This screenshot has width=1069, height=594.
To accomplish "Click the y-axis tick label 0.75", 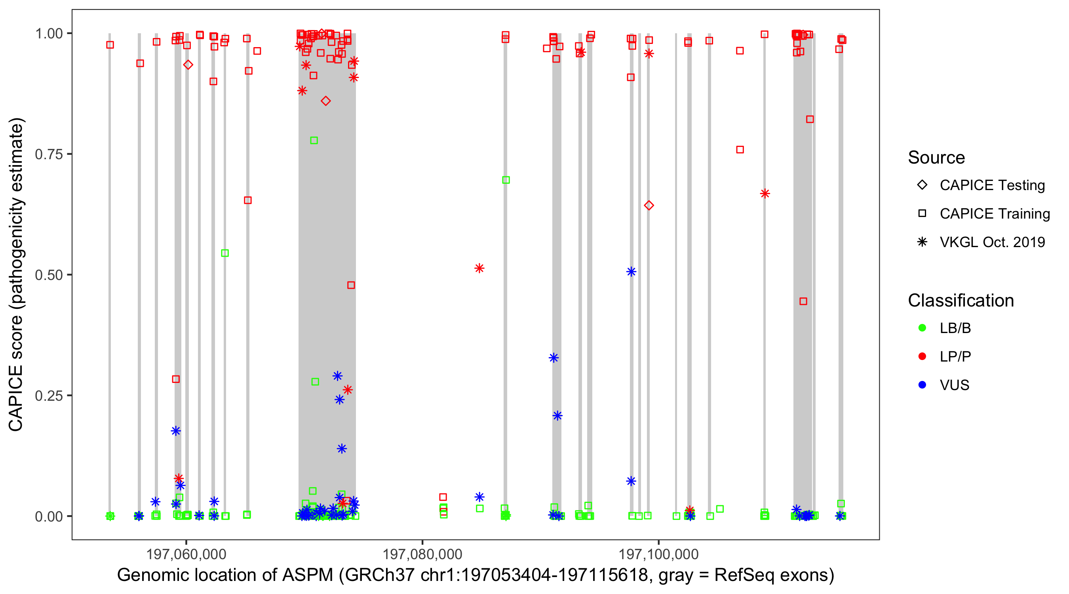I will (x=48, y=154).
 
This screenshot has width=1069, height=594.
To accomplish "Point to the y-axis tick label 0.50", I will (x=48, y=275).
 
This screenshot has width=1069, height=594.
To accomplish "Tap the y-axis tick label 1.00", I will (x=48, y=34).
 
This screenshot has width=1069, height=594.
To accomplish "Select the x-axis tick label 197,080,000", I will (x=422, y=554).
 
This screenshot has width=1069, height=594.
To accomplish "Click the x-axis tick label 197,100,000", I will (x=658, y=554).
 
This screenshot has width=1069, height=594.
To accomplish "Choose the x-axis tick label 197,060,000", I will (x=186, y=554).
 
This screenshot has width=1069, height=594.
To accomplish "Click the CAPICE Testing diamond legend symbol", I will (x=922, y=185).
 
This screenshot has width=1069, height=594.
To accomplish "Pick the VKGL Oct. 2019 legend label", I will (x=992, y=242).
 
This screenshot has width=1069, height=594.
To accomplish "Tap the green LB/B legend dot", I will (x=922, y=328).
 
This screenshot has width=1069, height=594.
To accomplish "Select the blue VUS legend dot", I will (x=922, y=385).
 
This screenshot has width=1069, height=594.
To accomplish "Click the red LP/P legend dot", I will (x=922, y=356).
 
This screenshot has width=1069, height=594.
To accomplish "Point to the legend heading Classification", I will (x=961, y=301).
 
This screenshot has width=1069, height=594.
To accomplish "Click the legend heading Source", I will (x=936, y=158).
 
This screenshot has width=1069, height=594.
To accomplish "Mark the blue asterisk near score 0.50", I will (x=631, y=272).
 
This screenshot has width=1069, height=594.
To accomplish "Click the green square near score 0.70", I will (x=506, y=180).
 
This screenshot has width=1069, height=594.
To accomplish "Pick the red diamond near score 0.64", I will (x=649, y=206).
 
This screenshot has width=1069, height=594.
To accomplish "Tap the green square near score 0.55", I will (x=225, y=253).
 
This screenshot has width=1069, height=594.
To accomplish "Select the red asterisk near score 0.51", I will (x=479, y=268).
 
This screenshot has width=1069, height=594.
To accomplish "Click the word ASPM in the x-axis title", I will (x=308, y=575).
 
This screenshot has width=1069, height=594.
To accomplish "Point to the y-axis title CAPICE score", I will (x=16, y=373).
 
